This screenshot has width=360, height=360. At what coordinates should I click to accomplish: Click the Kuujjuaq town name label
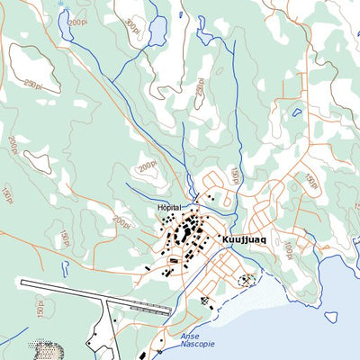coord(243,239)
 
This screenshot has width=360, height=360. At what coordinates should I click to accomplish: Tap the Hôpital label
coord(169,208)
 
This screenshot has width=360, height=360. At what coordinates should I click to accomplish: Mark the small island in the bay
coord(331,316)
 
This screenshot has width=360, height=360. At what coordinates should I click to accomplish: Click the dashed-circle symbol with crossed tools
coord(245,281)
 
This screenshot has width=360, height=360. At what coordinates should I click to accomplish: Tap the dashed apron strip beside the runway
coord(149,310)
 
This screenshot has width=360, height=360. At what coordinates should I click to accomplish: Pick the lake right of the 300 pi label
coord(157,32)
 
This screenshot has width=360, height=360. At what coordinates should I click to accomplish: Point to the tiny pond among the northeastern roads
coord(296,113)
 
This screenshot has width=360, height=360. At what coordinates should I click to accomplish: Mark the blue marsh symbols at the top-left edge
coord(61,5)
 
